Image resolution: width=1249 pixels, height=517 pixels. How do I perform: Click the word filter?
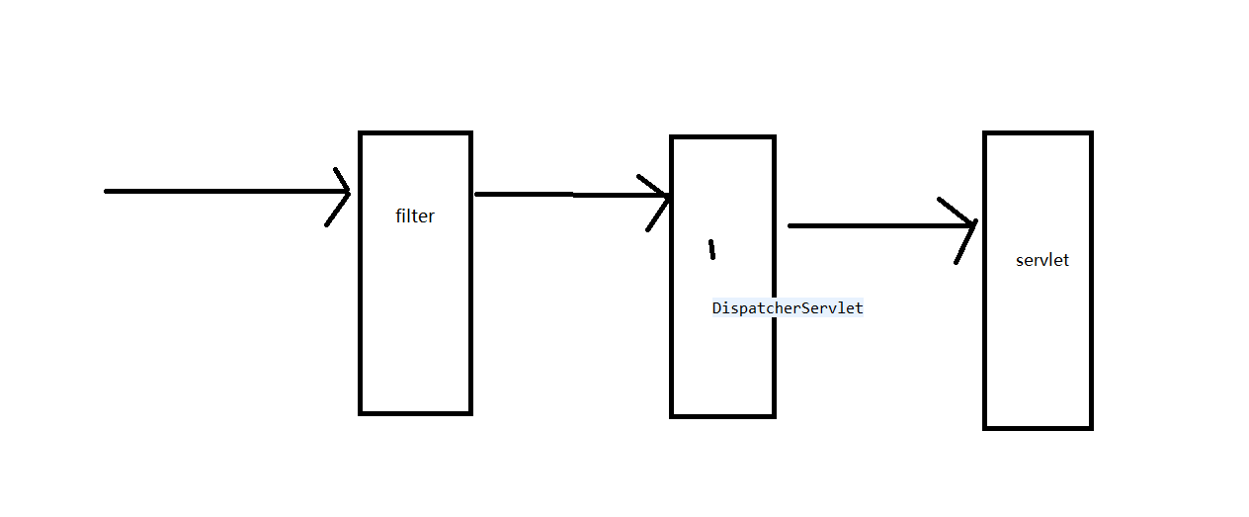click(x=415, y=216)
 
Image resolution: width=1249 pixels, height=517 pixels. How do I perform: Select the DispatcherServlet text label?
click(x=788, y=308)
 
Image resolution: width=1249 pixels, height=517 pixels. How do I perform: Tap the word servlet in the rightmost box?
click(x=1042, y=261)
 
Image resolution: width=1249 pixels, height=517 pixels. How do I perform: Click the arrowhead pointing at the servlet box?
click(x=969, y=226)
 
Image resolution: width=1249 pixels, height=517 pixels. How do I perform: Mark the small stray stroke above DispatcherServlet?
click(x=711, y=249)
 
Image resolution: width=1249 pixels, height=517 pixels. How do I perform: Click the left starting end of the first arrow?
click(x=107, y=191)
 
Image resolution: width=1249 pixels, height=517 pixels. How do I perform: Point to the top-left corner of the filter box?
click(x=361, y=133)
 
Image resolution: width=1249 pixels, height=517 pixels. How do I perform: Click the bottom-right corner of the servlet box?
click(x=1090, y=427)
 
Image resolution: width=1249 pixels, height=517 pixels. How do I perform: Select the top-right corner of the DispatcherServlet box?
click(x=773, y=137)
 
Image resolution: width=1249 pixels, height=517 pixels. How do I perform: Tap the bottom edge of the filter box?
click(x=415, y=412)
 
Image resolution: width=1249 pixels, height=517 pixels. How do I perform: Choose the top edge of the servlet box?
click(x=1038, y=133)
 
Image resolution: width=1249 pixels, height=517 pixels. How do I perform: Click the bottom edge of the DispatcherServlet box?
click(x=722, y=415)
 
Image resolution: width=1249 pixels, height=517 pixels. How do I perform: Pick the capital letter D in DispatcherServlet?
click(x=716, y=308)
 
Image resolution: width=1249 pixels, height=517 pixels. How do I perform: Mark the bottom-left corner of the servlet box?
click(x=986, y=427)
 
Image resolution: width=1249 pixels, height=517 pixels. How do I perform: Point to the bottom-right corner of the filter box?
click(x=469, y=412)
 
